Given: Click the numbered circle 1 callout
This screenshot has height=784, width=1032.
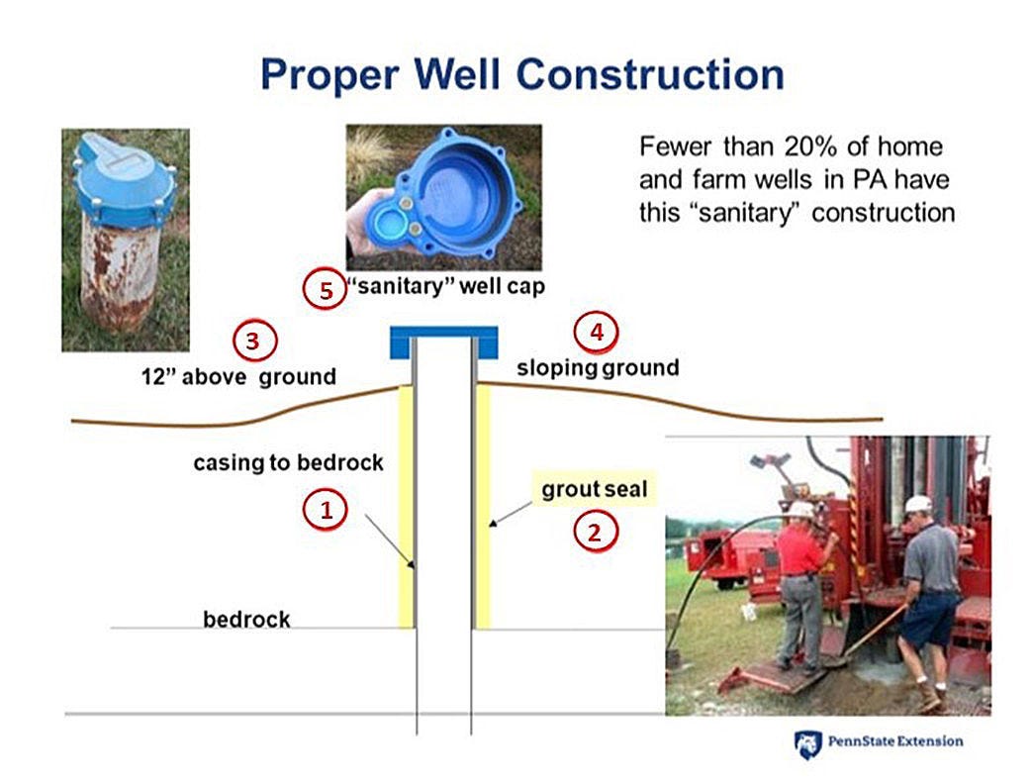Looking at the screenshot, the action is (326, 510).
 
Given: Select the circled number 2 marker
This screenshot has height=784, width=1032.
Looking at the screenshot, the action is (595, 532).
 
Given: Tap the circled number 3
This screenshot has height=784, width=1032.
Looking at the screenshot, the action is (254, 341).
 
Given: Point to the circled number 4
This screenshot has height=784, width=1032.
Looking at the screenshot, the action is (597, 332).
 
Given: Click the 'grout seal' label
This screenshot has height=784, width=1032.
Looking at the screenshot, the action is (595, 489).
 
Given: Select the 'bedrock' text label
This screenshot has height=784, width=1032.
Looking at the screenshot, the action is (246, 619).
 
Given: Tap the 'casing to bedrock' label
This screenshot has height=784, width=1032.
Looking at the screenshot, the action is (288, 462).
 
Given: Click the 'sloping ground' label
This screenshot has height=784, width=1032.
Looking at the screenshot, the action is (598, 367).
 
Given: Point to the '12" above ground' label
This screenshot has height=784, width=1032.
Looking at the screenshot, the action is (238, 376).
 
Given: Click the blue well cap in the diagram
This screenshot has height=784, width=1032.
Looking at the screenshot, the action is (444, 343).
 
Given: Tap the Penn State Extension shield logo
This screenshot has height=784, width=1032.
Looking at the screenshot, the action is (807, 744).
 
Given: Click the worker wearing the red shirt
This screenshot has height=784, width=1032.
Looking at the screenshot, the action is (802, 586).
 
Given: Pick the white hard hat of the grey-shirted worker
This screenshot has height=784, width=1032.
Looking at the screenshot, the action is (919, 504).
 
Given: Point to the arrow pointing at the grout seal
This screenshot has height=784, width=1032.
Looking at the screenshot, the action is (511, 514).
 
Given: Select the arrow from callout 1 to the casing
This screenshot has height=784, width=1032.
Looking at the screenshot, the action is (390, 541).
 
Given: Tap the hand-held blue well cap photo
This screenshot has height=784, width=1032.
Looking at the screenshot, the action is (443, 197).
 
